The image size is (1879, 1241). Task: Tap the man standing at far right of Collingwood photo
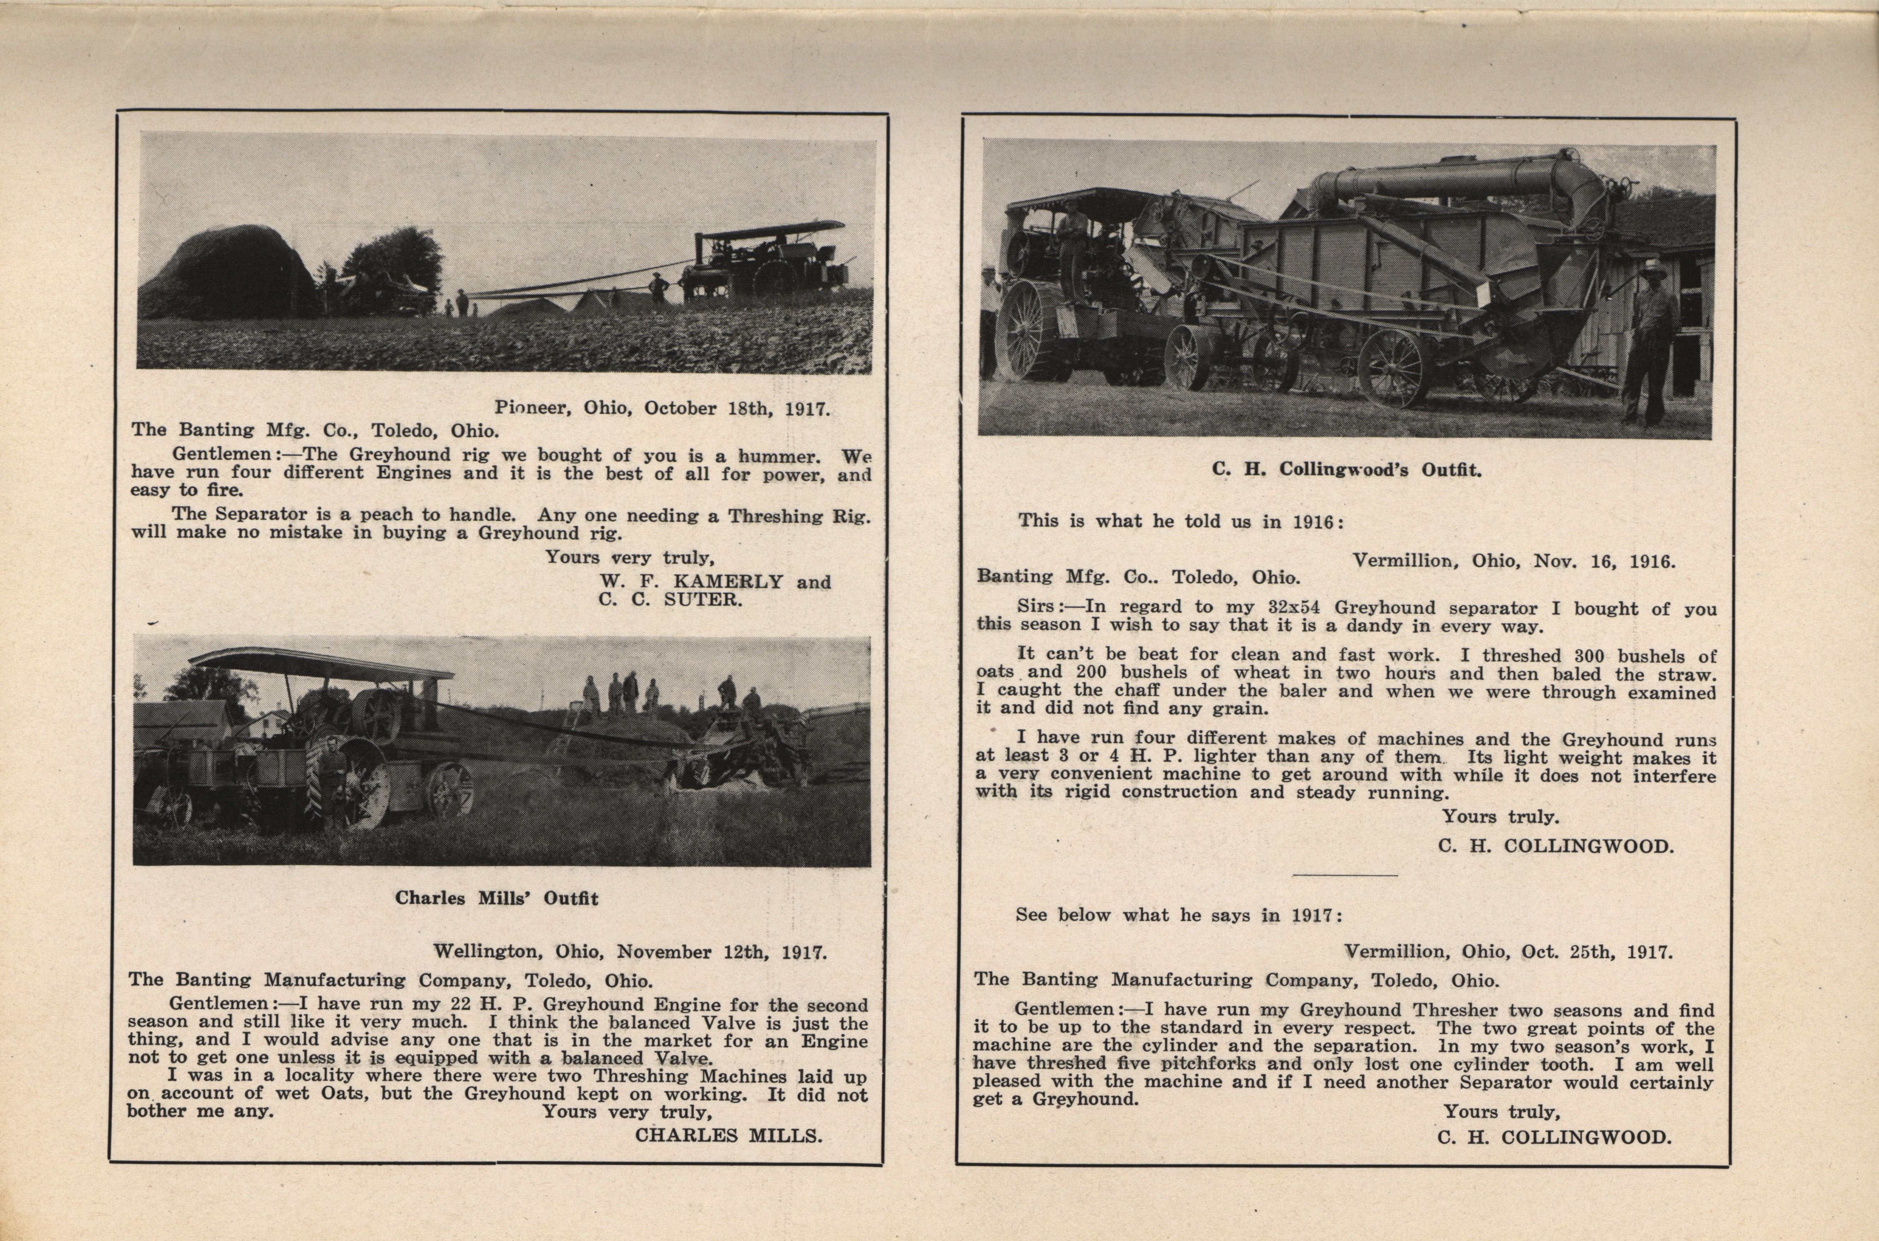pyautogui.click(x=1653, y=340)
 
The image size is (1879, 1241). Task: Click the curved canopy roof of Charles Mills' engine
pyautogui.click(x=317, y=665)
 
